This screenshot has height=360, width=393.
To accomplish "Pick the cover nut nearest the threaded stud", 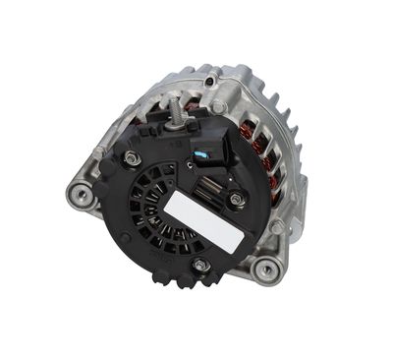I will coord(134,157).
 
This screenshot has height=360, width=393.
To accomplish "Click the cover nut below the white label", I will coord(200,265).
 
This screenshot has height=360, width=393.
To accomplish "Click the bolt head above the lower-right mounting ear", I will coord(278,226).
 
